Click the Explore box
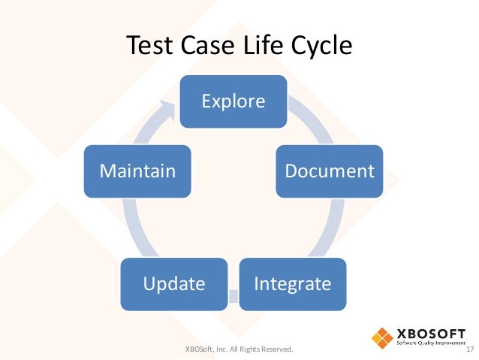233,100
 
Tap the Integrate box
292,284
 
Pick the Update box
174,284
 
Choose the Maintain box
137,171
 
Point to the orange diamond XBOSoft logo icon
384,337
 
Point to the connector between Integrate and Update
233,299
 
